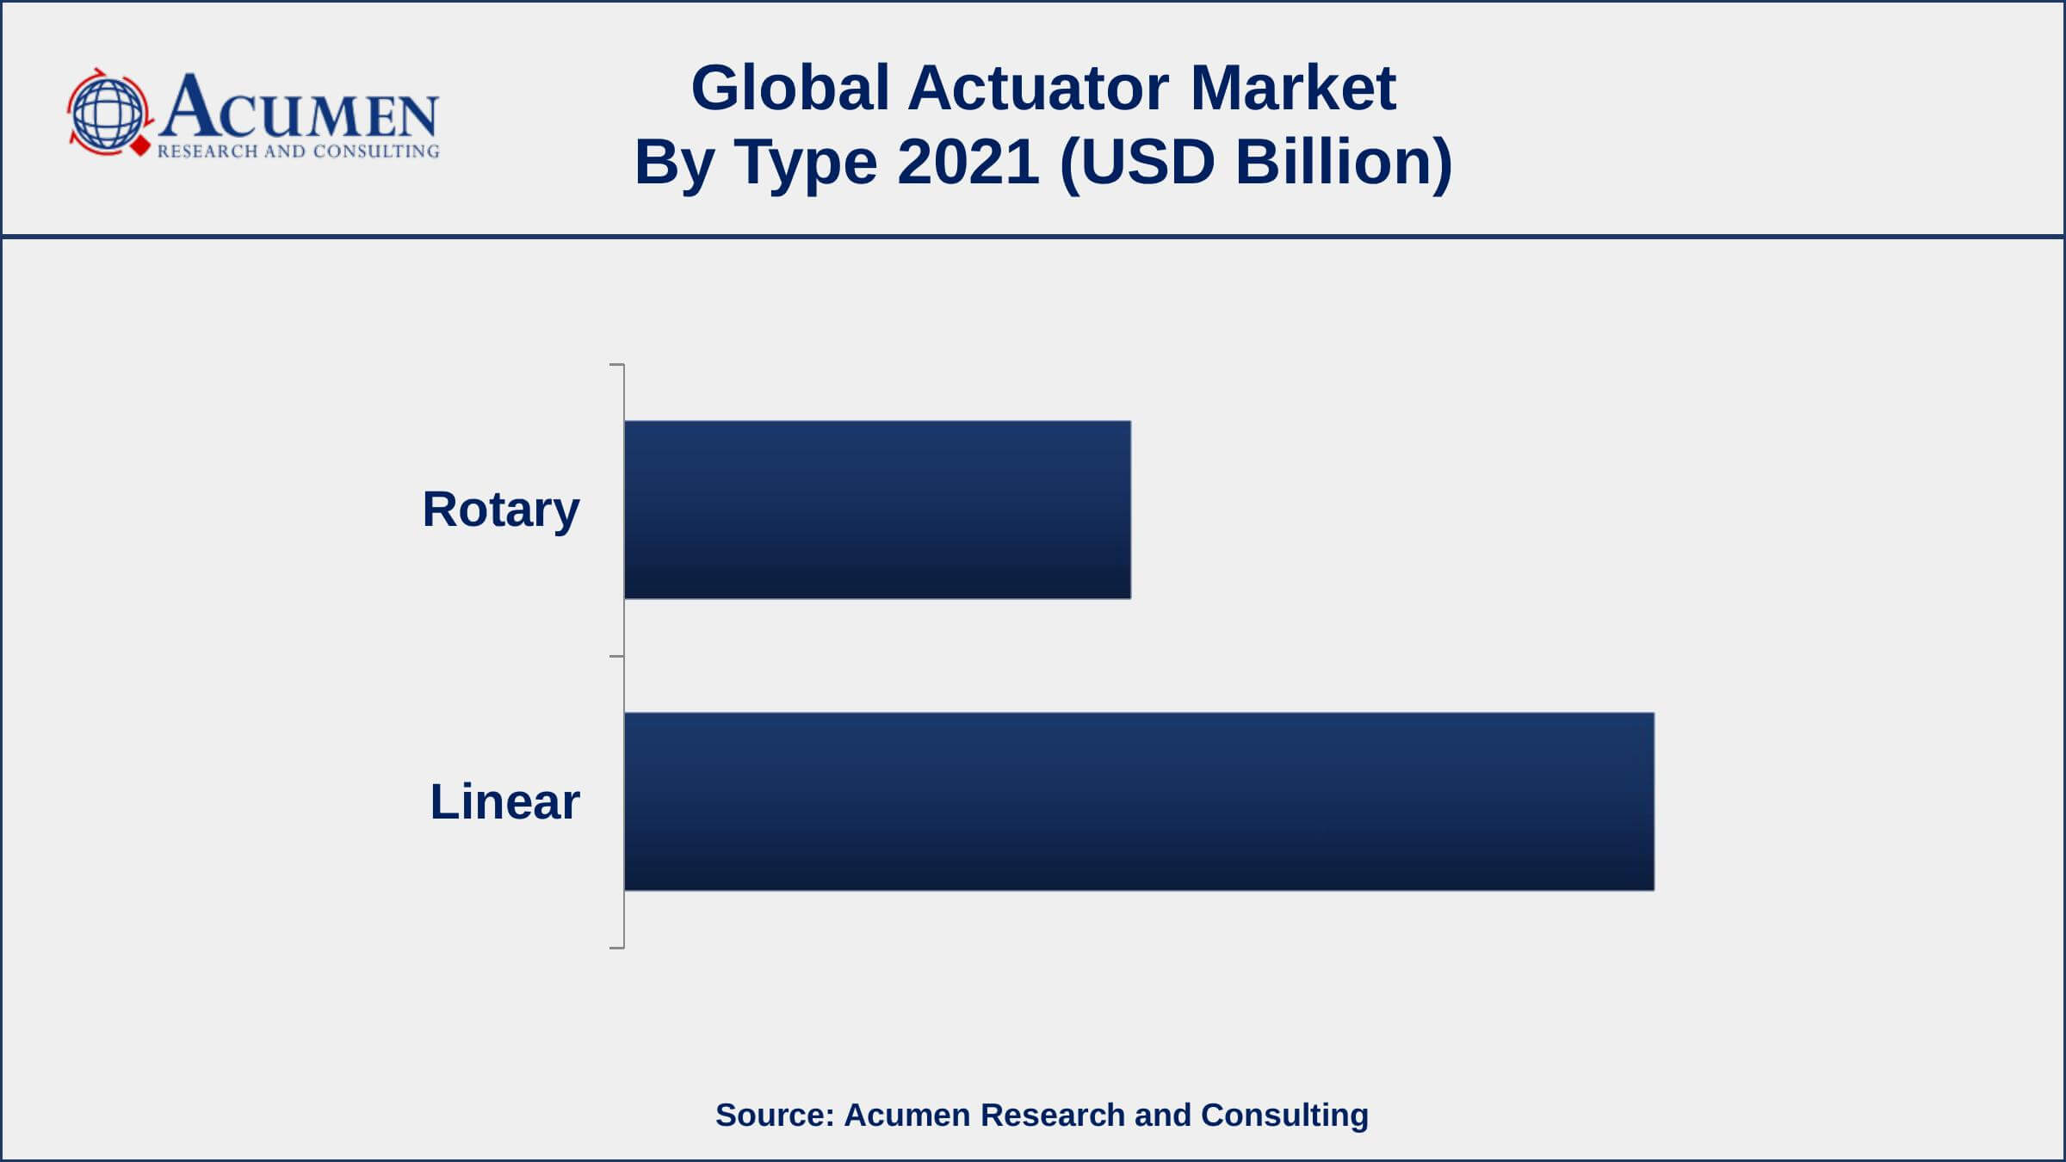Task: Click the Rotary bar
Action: (877, 510)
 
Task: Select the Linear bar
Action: (1139, 801)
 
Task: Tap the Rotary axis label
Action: (501, 510)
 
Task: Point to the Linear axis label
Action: (505, 801)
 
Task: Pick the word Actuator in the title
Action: (1038, 88)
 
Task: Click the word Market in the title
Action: (1293, 88)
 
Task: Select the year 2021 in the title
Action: (968, 162)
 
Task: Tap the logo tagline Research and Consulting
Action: (298, 151)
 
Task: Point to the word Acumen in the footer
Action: (907, 1115)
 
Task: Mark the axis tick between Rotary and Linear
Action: (616, 657)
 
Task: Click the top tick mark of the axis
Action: (616, 365)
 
